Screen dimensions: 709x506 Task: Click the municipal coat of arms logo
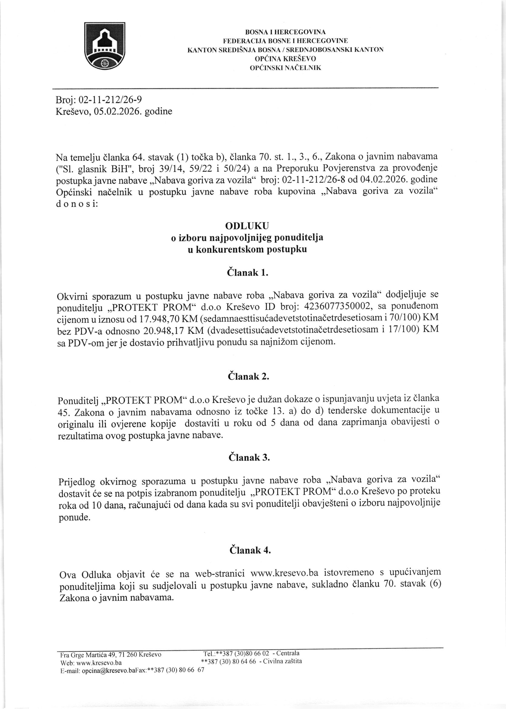point(105,46)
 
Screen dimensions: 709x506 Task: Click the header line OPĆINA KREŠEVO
point(285,59)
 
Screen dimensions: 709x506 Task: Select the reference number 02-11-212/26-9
point(111,100)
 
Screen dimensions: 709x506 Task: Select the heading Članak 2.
point(248,376)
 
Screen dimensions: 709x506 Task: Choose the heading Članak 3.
point(249,457)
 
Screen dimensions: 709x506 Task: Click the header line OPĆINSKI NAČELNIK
point(285,68)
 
